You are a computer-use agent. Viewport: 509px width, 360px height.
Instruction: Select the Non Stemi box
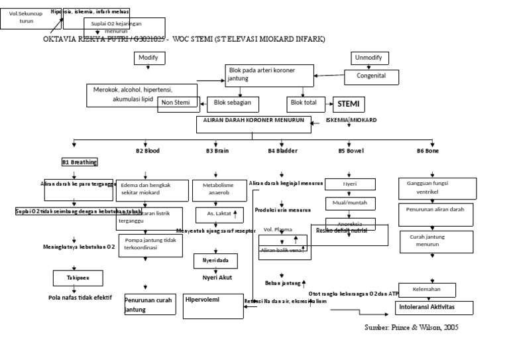tap(176, 102)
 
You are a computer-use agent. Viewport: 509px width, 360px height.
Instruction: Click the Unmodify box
tap(369, 58)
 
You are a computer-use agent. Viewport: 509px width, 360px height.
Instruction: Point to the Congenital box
tap(372, 76)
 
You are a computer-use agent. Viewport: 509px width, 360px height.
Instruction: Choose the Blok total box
tap(305, 103)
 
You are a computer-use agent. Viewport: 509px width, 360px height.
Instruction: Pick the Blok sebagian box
tap(233, 103)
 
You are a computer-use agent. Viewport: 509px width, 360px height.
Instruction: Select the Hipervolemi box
tap(210, 306)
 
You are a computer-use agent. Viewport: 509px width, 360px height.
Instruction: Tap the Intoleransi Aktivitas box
tap(435, 308)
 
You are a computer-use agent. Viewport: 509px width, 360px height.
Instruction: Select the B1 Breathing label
tap(80, 162)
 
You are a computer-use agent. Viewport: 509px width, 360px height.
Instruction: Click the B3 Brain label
tap(217, 151)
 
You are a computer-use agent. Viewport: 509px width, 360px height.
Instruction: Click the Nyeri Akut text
tap(217, 277)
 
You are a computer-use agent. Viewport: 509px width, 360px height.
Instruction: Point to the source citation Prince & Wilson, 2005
tap(411, 328)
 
